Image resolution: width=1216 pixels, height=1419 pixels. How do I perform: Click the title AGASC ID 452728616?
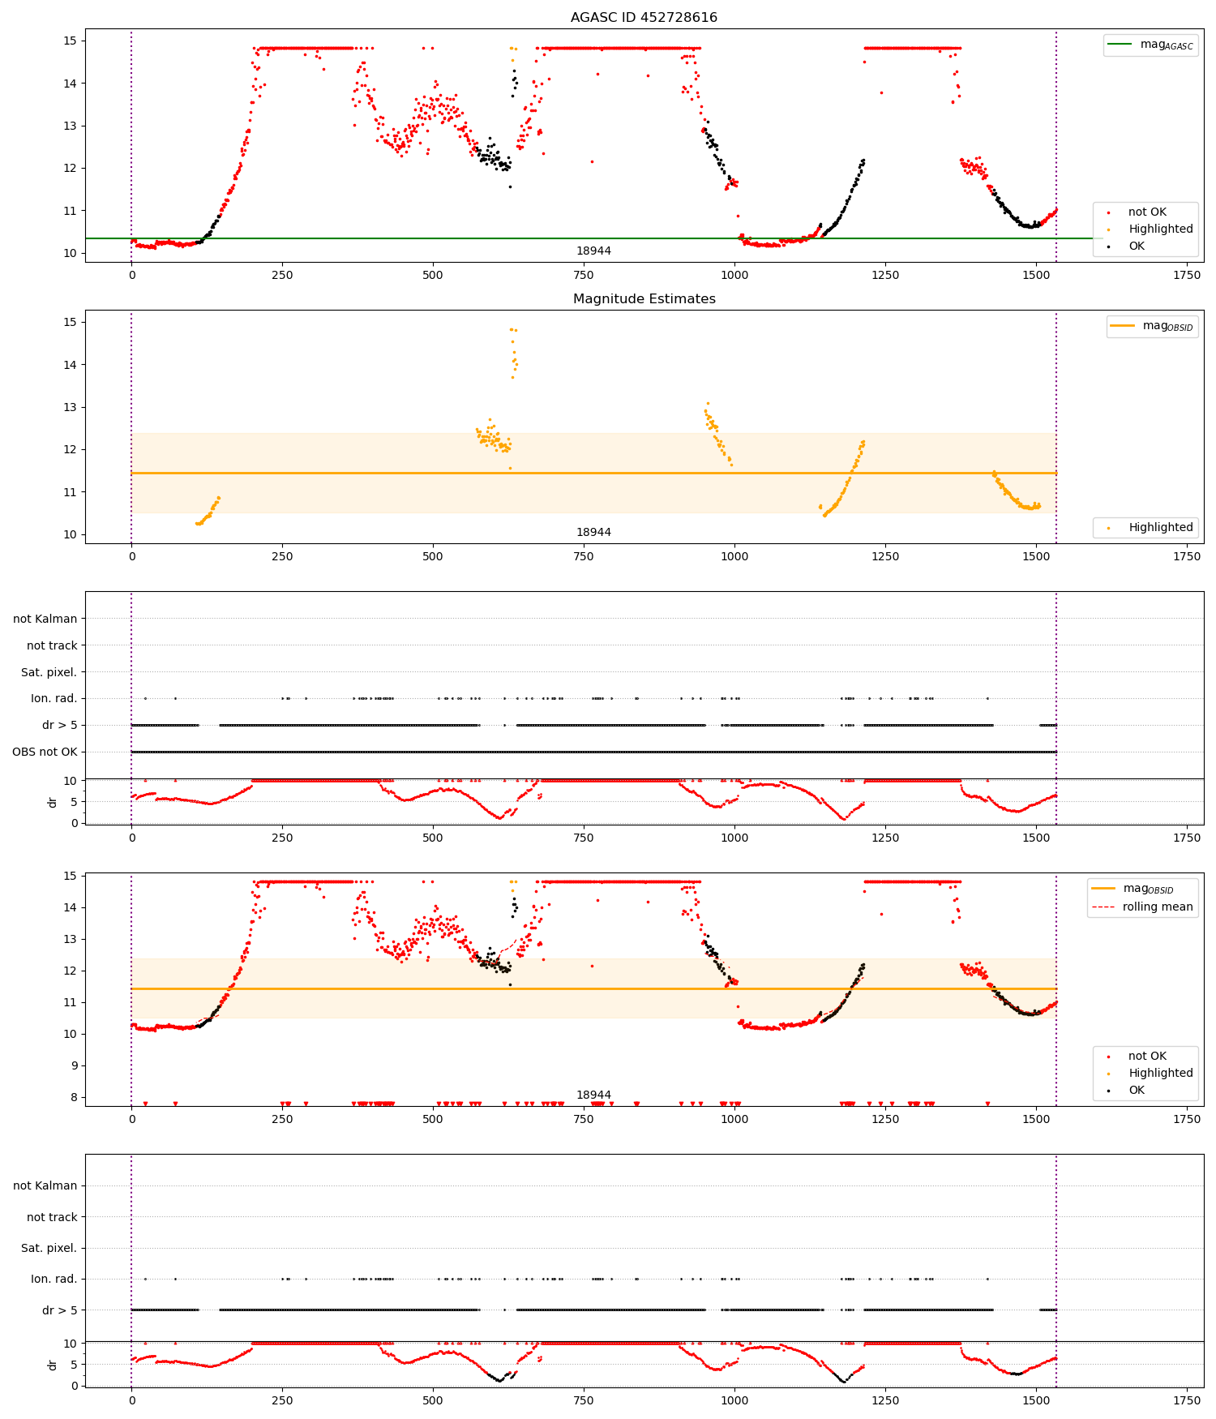tap(644, 18)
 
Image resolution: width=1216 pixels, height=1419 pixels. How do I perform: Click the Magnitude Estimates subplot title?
tap(644, 299)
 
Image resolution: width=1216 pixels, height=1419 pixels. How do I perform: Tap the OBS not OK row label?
tap(45, 752)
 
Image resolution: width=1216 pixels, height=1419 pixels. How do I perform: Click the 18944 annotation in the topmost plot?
tap(593, 251)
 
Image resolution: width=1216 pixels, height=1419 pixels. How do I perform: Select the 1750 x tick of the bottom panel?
tap(1186, 1400)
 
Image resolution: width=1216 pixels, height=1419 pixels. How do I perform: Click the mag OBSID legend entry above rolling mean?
tap(1148, 889)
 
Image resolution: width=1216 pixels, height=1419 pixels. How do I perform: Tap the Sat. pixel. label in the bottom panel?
tap(49, 1248)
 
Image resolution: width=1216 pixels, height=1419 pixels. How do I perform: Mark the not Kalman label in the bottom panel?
tap(45, 1185)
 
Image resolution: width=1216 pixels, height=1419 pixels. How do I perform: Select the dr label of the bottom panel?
tap(53, 1365)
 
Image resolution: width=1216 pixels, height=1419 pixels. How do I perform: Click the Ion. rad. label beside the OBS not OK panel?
tap(54, 698)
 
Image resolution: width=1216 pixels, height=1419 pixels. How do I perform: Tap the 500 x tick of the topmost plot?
tap(433, 275)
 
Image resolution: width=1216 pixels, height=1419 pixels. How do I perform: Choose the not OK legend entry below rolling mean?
tap(1146, 1056)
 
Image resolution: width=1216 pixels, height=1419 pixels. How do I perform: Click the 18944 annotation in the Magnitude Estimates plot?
tap(593, 532)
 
